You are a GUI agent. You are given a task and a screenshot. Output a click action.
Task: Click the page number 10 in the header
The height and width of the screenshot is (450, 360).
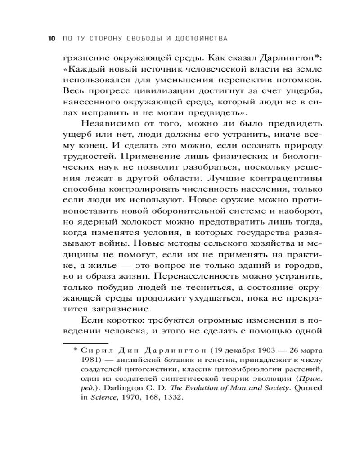pyautogui.click(x=51, y=39)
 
